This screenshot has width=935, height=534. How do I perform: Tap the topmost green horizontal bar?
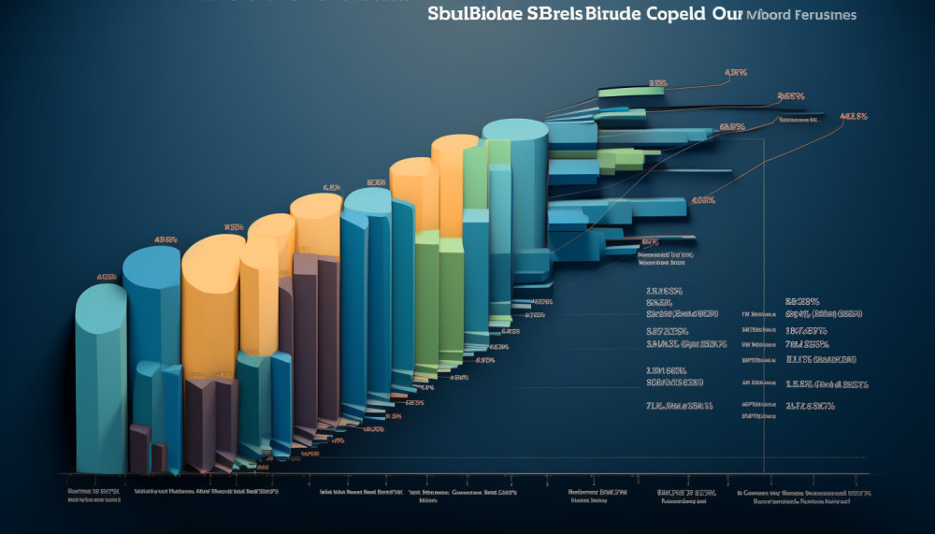632,91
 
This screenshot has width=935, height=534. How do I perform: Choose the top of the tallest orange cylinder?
455,145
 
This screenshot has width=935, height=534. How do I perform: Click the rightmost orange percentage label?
854,117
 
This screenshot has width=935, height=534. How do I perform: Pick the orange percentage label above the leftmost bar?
107,277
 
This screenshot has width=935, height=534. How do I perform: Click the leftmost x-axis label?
93,495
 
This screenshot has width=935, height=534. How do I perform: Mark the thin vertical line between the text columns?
764,299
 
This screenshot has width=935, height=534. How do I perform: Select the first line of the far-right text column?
802,301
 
